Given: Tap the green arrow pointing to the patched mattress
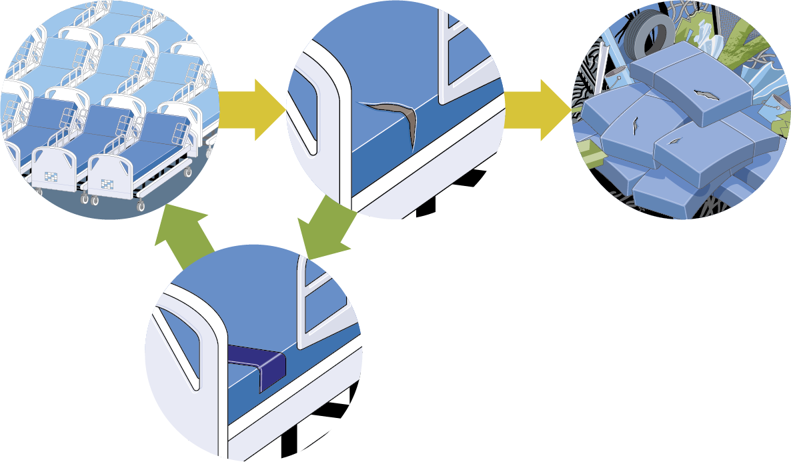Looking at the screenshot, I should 327,230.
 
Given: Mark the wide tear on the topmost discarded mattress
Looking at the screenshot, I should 706,94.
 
